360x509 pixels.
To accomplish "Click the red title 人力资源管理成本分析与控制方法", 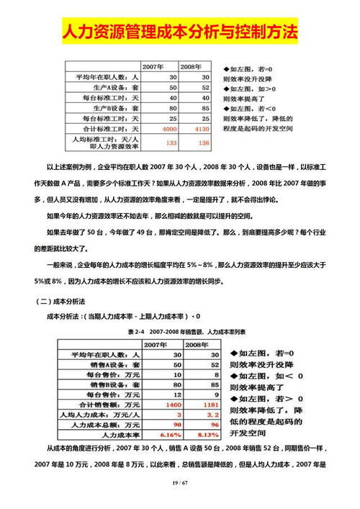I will pos(180,32).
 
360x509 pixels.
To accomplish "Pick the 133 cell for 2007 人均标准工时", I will pos(171,143).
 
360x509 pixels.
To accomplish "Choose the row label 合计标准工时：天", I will pos(109,128).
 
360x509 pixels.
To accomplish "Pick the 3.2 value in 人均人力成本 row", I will pos(205,415).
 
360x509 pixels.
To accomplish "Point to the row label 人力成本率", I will pos(119,435).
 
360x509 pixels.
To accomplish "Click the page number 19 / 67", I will pos(180,481).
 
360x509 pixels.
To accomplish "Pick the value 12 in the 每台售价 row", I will pos(174,395).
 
